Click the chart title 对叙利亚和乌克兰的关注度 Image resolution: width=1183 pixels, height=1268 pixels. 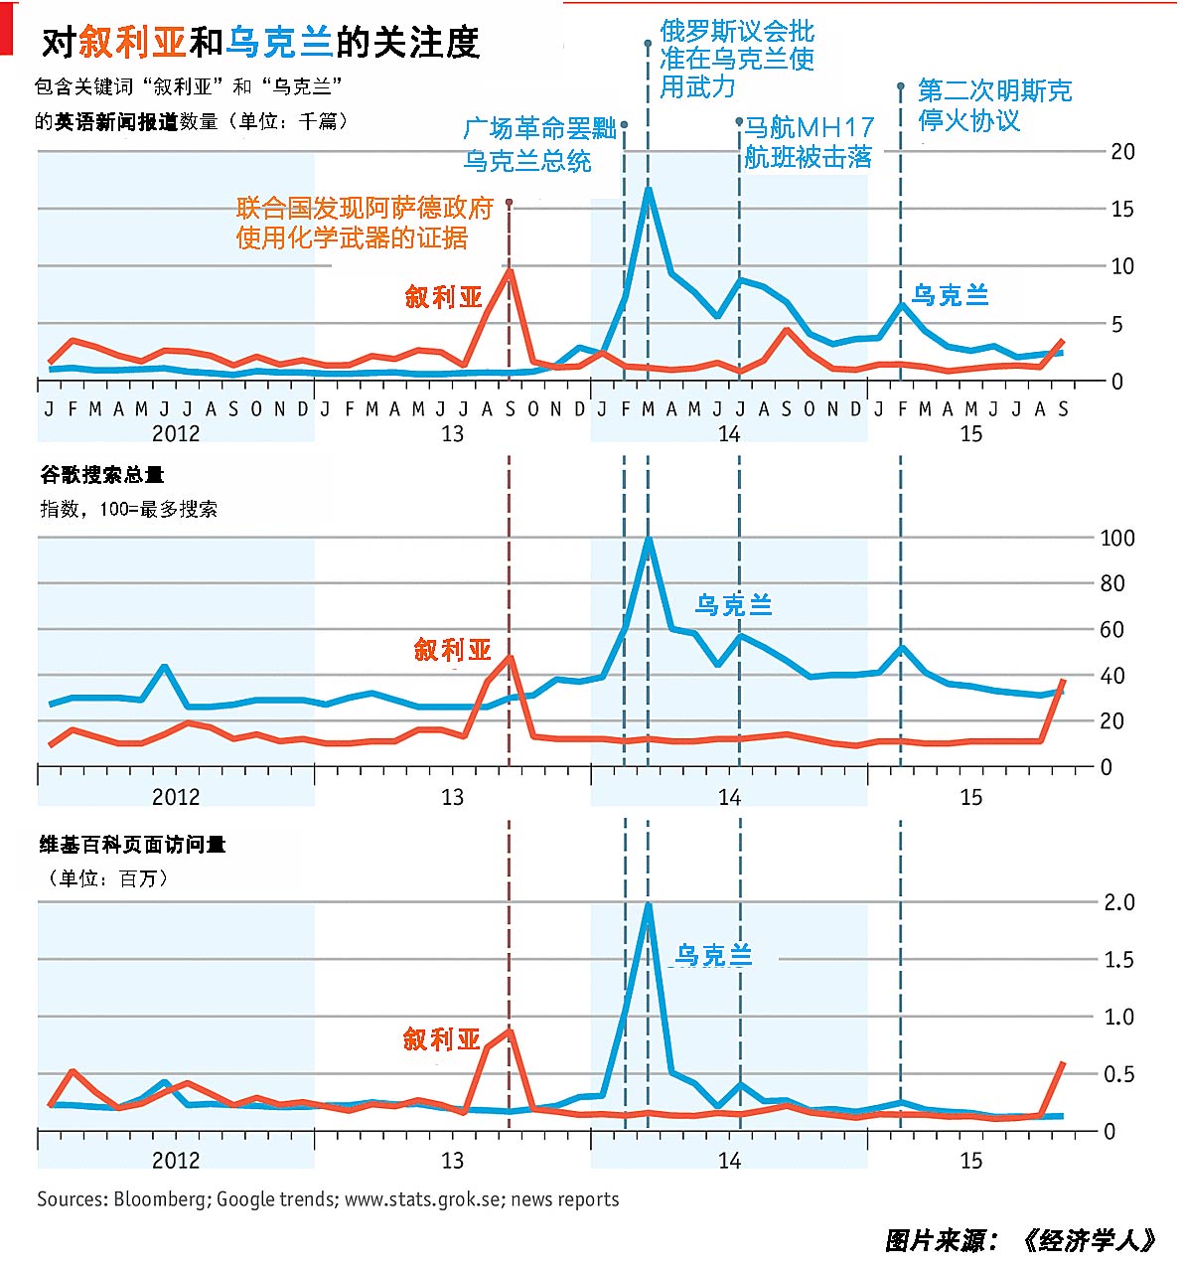click(260, 43)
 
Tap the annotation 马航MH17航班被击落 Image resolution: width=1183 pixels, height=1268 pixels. click(809, 142)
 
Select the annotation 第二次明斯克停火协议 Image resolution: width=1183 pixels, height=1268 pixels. click(993, 105)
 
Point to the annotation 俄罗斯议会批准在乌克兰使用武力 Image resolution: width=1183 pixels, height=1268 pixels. click(736, 60)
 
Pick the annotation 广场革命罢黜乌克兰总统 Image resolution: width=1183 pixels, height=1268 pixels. click(539, 145)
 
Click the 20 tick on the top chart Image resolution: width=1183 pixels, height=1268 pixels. click(1122, 151)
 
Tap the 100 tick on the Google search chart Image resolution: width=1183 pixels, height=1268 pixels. click(1117, 538)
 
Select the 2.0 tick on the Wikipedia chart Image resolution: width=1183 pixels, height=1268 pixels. click(1119, 902)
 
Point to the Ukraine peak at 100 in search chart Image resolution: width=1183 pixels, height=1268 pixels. click(648, 540)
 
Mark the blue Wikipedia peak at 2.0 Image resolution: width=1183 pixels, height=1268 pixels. click(648, 904)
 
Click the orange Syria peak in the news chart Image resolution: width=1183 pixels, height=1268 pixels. click(510, 270)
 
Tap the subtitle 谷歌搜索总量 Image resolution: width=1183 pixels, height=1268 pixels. click(101, 475)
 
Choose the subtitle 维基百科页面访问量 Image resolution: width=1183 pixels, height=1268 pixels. click(132, 845)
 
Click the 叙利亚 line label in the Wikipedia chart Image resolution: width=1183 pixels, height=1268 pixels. click(441, 1039)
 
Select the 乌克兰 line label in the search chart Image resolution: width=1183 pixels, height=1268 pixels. click(733, 604)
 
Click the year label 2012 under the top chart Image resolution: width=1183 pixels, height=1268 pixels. click(176, 433)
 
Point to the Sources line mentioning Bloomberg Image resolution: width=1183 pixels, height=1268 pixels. click(328, 1199)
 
